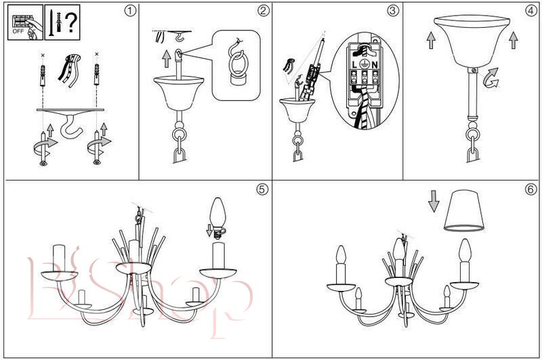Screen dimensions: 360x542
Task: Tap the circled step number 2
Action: coord(264,11)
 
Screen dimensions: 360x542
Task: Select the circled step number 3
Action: coord(394,11)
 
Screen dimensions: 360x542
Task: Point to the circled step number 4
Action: coord(530,11)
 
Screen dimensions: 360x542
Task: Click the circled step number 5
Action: coord(262,189)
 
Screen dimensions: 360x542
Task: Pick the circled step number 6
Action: coord(530,189)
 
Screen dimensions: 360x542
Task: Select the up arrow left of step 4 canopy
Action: coord(431,40)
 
